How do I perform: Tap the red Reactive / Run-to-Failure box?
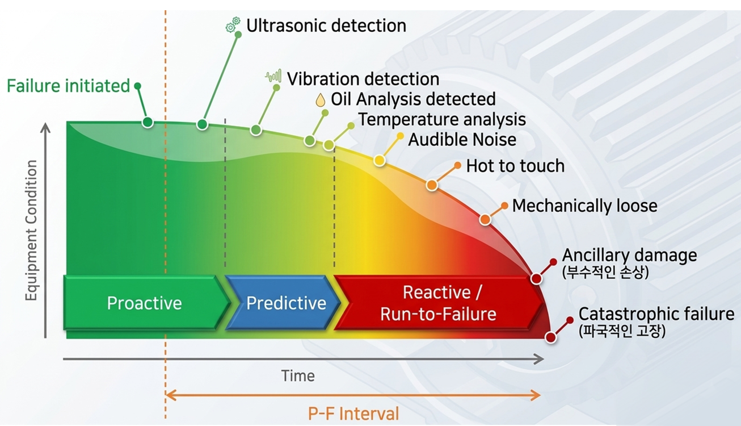click(x=439, y=303)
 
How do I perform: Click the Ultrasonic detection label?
click(x=326, y=26)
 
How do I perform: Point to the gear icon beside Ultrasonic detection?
click(x=233, y=24)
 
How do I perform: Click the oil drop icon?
click(x=320, y=100)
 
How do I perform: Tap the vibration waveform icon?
click(x=273, y=76)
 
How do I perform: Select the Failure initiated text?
click(x=68, y=86)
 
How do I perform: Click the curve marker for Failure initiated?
click(x=148, y=122)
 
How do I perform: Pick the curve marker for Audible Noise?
click(x=380, y=160)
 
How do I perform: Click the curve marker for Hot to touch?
click(x=432, y=185)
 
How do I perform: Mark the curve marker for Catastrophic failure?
click(x=551, y=337)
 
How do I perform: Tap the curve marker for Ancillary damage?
click(x=536, y=278)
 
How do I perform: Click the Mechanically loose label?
click(x=584, y=206)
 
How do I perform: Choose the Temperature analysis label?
click(x=443, y=120)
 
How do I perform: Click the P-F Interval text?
click(x=353, y=414)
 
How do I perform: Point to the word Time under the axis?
click(x=298, y=376)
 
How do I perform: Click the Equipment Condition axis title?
click(x=31, y=231)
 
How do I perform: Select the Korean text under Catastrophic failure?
click(x=622, y=331)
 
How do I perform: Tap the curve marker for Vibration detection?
click(x=256, y=130)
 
